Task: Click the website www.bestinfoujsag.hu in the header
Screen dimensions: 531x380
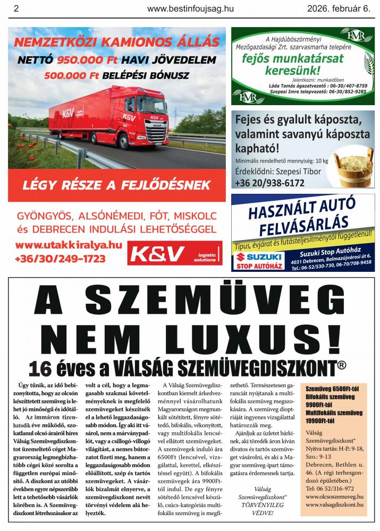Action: click(190, 8)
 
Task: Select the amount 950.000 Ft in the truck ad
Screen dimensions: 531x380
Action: click(86, 59)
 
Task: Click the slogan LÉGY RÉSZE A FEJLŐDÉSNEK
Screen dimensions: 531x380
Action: click(116, 185)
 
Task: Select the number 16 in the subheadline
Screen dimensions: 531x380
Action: click(41, 368)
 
